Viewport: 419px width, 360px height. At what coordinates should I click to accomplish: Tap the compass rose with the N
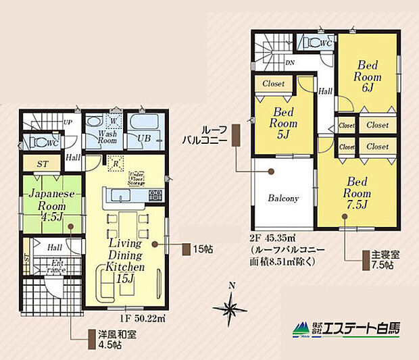coord(230,309)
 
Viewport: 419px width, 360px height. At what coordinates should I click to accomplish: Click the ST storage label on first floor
coord(42,163)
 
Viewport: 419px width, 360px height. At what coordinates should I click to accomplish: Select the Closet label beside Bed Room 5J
coord(273,84)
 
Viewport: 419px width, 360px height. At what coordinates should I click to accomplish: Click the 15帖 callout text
coord(203,249)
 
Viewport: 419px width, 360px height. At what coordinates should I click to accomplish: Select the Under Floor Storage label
coord(138,178)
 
